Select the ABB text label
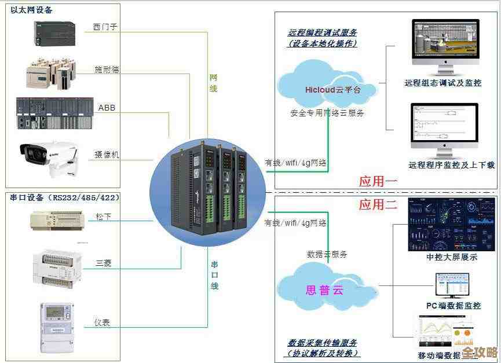(x=107, y=108)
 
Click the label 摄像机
(x=107, y=155)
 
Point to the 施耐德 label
(x=107, y=69)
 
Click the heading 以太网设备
(x=31, y=10)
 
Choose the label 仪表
(x=102, y=322)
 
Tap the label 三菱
(x=104, y=263)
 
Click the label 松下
(x=104, y=217)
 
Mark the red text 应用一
(x=378, y=181)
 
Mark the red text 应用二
(x=378, y=204)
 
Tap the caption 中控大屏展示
(x=452, y=257)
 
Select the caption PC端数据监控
(x=453, y=306)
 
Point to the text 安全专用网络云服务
(x=327, y=113)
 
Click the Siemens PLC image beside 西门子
(x=55, y=34)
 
